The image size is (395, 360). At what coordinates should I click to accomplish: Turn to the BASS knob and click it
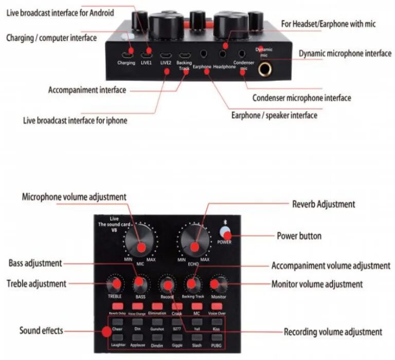(x=139, y=283)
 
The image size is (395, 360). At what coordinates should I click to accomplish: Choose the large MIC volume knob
(x=140, y=242)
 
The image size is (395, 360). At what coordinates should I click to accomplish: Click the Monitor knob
(x=219, y=284)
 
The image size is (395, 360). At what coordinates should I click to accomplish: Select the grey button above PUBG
(x=217, y=337)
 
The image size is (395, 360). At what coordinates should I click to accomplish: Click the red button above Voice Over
(x=217, y=307)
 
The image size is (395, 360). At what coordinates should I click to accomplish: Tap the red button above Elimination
(x=157, y=307)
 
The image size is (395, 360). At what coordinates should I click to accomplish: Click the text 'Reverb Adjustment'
(x=324, y=204)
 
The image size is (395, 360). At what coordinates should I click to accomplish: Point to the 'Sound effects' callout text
(x=41, y=330)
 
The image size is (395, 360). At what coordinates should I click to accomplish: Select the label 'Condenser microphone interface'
(x=302, y=98)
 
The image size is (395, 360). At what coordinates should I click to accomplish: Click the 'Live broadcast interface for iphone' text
(x=75, y=121)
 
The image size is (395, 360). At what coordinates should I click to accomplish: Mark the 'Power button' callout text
(x=299, y=236)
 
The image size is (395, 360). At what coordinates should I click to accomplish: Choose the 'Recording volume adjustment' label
(x=333, y=332)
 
